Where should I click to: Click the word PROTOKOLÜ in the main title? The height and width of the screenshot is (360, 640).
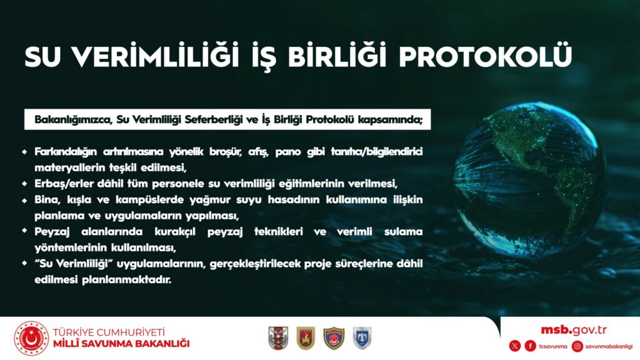pos(485,56)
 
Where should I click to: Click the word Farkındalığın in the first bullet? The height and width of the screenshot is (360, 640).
pos(66,152)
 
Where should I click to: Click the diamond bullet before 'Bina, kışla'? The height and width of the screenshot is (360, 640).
pos(24,200)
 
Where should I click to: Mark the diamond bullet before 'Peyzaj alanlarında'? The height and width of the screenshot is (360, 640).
pos(24,231)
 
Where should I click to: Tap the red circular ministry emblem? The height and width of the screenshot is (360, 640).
pos(31,338)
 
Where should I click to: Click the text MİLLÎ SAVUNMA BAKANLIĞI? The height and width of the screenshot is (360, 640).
pos(121,344)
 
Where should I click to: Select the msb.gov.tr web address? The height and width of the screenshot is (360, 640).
pos(574,330)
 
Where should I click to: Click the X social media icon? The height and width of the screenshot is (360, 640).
pos(515,346)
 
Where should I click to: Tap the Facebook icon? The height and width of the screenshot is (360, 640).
pos(530,346)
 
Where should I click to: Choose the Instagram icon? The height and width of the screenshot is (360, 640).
pos(577,346)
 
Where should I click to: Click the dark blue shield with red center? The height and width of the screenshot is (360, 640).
pos(334,338)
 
